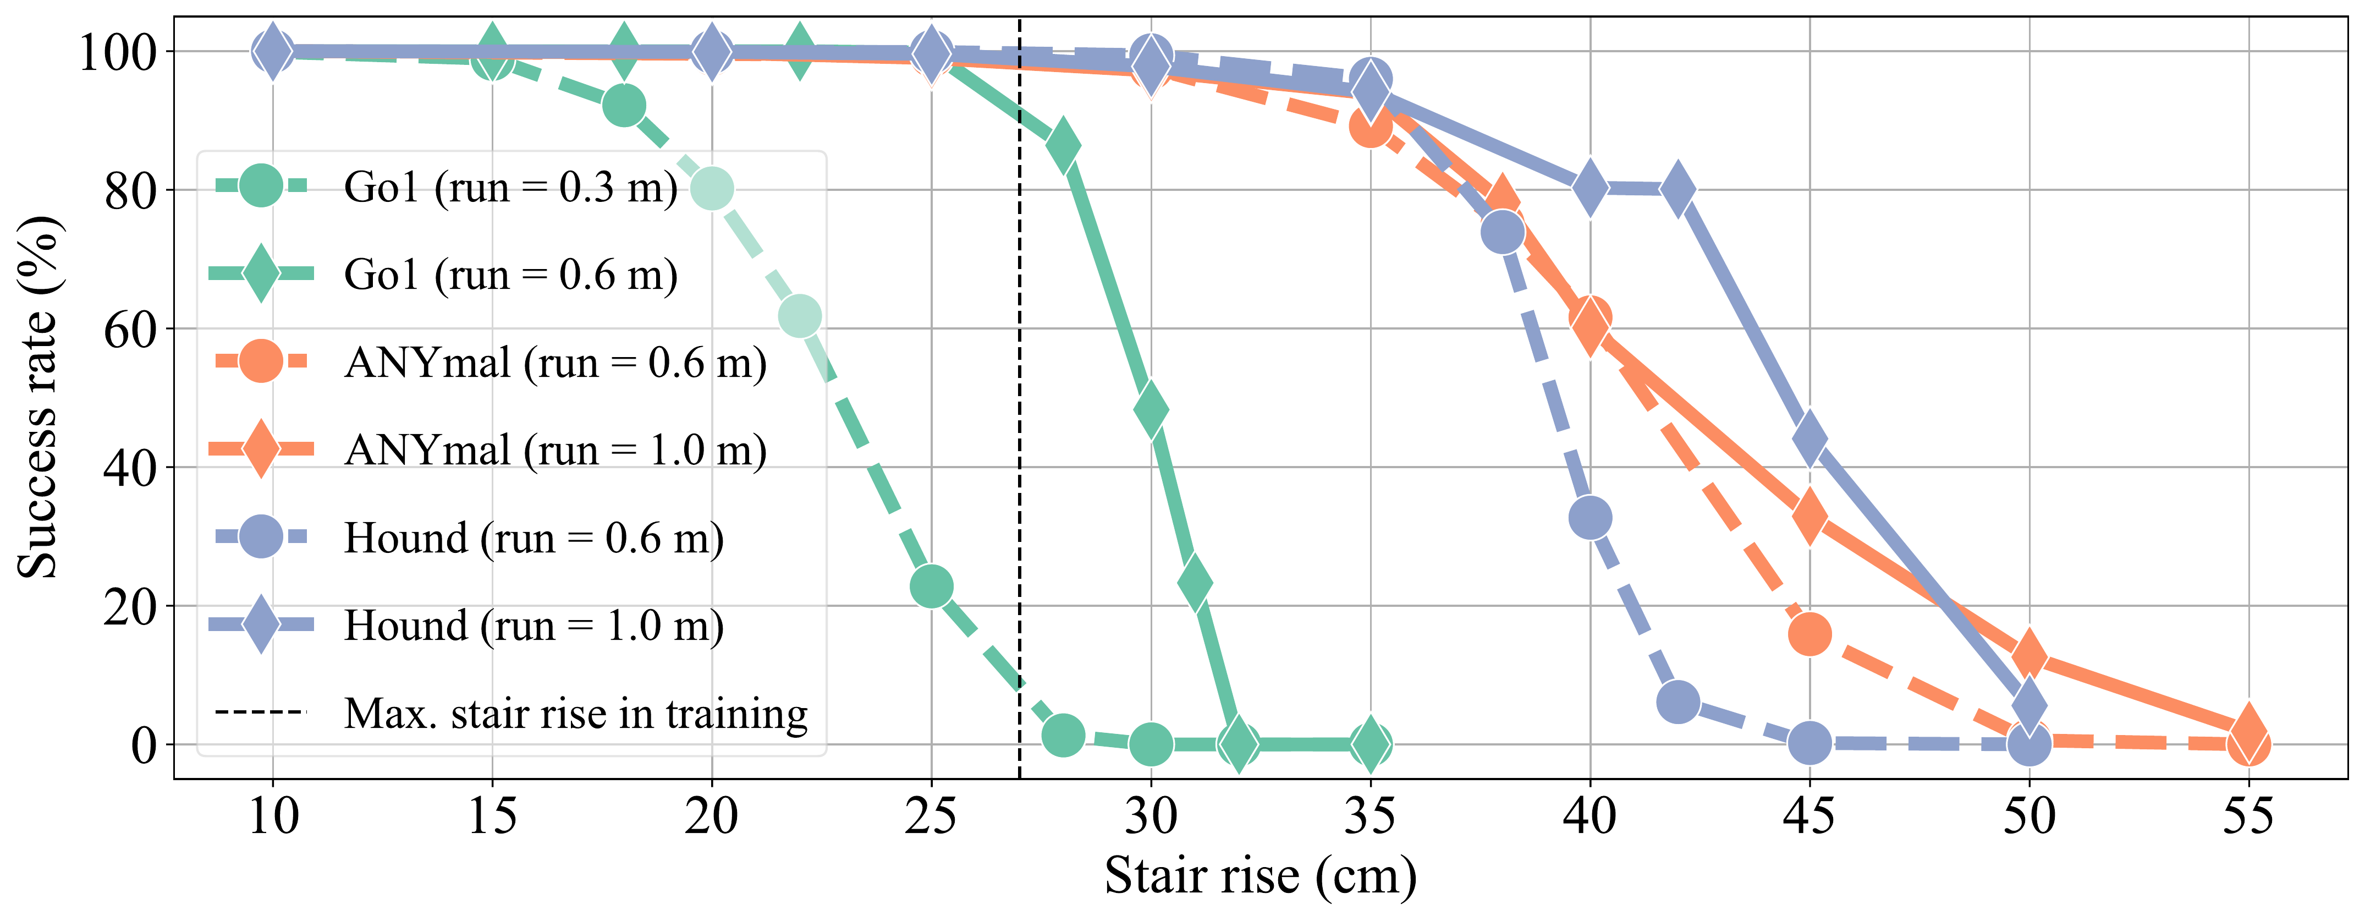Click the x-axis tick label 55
click(2248, 815)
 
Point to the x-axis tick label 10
click(273, 815)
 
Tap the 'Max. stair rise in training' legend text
click(576, 714)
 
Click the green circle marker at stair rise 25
click(932, 586)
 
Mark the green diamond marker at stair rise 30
click(1151, 409)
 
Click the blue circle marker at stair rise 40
click(1590, 518)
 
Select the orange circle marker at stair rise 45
click(1810, 634)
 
